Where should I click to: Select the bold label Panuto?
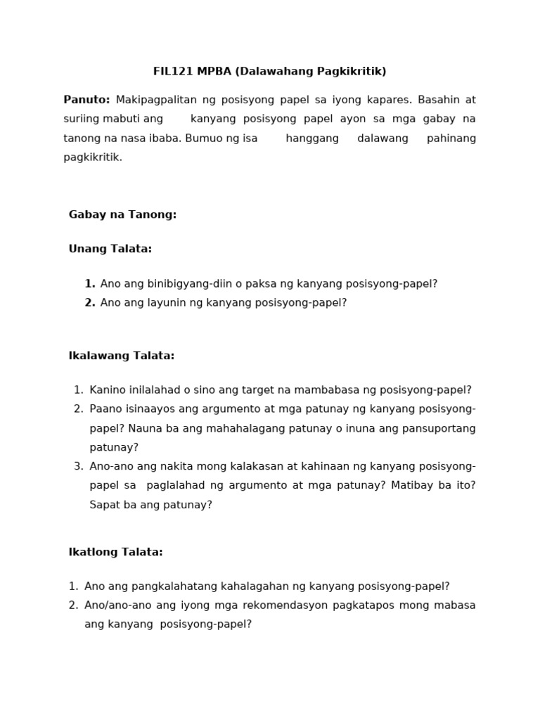(86, 100)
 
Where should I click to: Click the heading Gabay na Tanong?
(122, 214)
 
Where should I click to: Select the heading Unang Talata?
(110, 249)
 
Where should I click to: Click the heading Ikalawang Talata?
(121, 356)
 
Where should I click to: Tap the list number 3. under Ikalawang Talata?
(78, 466)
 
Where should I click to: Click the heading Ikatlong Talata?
(115, 552)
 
